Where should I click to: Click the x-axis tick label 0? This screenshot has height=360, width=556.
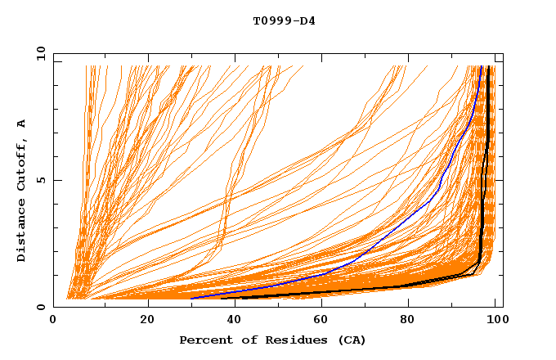54,321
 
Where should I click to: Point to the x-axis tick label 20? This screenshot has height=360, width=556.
148,321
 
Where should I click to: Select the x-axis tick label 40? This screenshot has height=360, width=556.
236,321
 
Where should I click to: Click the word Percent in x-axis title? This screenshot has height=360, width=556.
204,340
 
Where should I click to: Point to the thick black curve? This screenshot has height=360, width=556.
486,164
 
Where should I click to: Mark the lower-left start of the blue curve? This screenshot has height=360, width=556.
191,298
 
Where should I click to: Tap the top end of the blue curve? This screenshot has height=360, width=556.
482,66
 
